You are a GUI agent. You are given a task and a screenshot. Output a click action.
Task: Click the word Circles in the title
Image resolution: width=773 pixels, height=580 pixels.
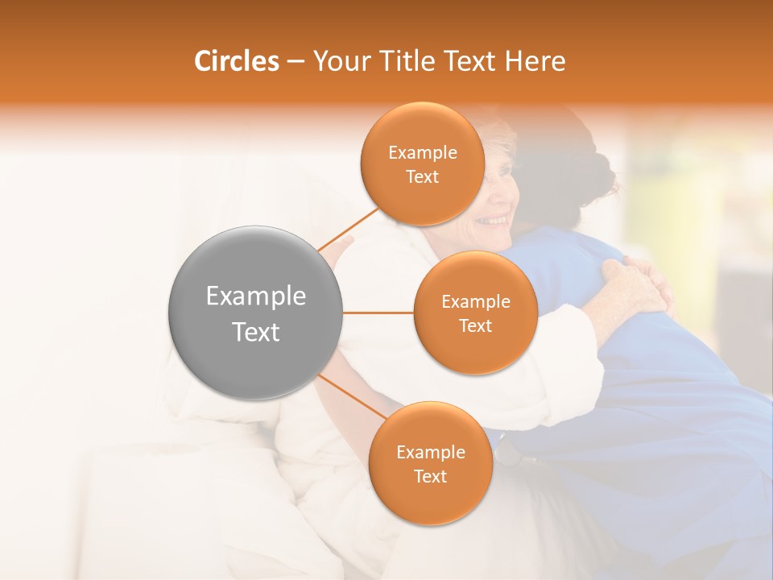click(236, 61)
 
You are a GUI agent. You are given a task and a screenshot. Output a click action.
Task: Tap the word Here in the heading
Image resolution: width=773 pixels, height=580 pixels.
click(535, 61)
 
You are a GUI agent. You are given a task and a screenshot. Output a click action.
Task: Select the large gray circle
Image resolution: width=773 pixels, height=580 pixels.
click(255, 313)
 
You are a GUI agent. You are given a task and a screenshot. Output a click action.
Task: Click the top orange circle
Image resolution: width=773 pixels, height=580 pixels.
click(422, 164)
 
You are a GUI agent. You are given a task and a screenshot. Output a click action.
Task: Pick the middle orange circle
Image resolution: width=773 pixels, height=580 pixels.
click(475, 313)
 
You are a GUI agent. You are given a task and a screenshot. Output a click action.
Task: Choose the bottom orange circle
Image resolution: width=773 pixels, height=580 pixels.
click(430, 464)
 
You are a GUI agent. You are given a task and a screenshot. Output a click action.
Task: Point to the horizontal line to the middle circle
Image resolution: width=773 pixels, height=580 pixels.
click(378, 313)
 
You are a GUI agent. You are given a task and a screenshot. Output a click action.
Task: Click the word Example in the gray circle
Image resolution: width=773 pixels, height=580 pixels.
click(255, 296)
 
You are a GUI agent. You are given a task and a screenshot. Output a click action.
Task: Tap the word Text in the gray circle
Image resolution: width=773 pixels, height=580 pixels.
click(255, 332)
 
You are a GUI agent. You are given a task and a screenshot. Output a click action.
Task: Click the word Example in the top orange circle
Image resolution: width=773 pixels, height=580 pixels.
click(422, 153)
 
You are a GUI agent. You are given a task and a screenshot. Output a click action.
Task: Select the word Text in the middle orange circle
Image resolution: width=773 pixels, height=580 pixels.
click(475, 325)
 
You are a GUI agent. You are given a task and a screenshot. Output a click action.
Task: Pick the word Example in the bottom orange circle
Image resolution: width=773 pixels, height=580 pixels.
click(430, 453)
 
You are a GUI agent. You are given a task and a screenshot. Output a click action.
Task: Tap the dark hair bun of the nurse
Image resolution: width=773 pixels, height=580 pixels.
click(596, 173)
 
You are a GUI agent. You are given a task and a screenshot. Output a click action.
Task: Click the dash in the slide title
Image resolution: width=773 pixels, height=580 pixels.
click(295, 62)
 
